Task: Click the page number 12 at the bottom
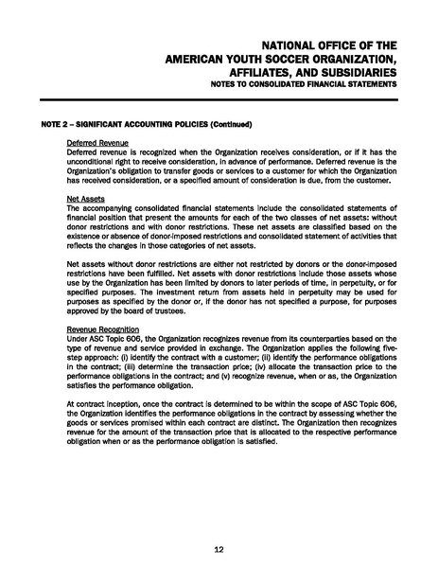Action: pos(219,549)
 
